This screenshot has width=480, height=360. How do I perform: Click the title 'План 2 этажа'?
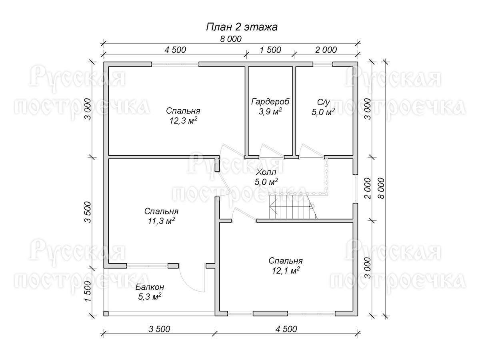[242, 27]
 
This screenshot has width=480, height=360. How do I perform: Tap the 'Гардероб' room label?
[270, 102]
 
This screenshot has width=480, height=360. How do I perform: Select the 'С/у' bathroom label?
[323, 102]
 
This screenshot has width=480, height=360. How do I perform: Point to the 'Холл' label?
[266, 172]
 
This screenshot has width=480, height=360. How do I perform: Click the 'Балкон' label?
[150, 287]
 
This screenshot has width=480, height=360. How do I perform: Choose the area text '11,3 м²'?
[162, 221]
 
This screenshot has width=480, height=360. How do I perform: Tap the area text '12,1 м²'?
[286, 271]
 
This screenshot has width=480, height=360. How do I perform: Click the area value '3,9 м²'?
[270, 112]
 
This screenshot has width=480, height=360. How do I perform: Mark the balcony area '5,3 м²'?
[150, 297]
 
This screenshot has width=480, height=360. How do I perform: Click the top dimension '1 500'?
[270, 50]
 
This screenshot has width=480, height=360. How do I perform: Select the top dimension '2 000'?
[326, 50]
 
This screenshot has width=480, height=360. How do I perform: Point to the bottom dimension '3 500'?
[159, 329]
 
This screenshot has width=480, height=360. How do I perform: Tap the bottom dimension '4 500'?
[286, 329]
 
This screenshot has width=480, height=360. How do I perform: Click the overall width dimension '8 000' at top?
[231, 39]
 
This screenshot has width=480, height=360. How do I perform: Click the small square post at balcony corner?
[106, 314]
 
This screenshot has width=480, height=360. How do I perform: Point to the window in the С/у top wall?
[323, 64]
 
